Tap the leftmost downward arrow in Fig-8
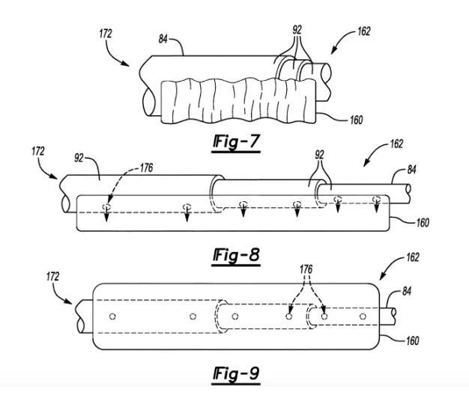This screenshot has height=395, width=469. [x=106, y=212]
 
